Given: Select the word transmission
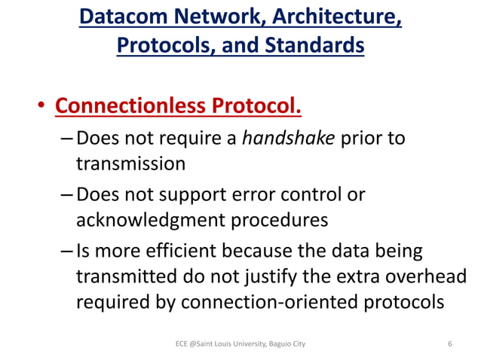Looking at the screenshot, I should pos(129,163).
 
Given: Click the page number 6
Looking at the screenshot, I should pos(449,344).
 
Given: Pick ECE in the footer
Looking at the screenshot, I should pos(181,344).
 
